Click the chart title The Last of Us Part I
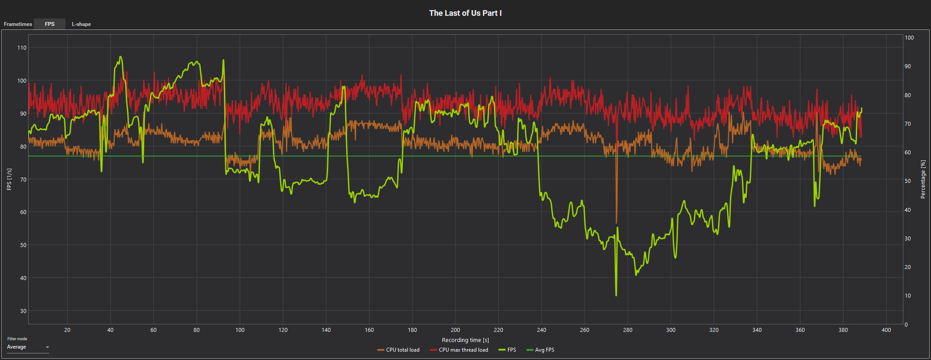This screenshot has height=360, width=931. coord(465,13)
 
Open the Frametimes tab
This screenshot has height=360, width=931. coord(18,24)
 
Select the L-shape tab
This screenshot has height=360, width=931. coord(81,24)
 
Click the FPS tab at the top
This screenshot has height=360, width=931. coord(50,24)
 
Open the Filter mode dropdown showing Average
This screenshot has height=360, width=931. coord(28,347)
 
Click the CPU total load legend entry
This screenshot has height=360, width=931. coord(398,350)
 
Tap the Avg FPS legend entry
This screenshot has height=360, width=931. coord(540,350)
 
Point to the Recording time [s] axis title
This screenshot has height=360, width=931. coord(465,340)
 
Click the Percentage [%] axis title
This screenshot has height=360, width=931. coord(923,179)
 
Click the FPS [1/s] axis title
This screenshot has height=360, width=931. coord(9,179)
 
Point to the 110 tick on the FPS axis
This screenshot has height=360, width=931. coord(22,48)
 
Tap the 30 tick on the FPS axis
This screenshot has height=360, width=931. coord(23,311)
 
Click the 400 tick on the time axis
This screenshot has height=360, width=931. coord(886,330)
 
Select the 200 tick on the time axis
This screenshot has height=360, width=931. coord(455,330)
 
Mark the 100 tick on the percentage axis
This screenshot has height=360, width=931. coord(909,38)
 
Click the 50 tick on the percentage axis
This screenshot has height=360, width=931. coord(908,181)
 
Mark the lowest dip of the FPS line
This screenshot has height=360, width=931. coord(616,295)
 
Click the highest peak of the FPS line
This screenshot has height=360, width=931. coord(120,57)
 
